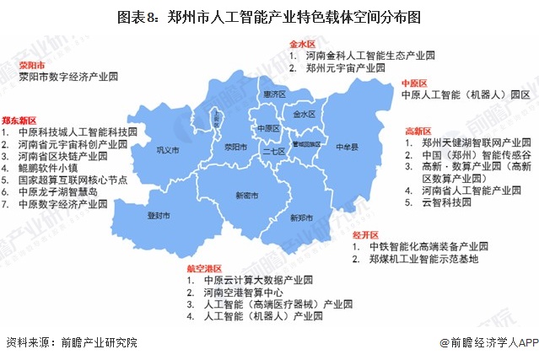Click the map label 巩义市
169,152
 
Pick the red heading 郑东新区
18,121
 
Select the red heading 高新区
418,131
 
